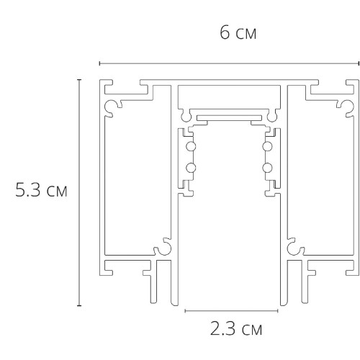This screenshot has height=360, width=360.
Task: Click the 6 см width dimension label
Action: tap(238, 34)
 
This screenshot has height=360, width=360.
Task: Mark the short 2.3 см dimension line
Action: tap(231, 311)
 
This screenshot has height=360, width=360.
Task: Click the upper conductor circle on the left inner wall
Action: tap(190, 148)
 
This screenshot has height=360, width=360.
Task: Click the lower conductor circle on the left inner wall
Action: tap(190, 168)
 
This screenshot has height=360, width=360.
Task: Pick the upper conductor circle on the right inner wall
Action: tap(268, 148)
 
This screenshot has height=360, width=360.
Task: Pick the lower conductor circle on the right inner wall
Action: tap(268, 168)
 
